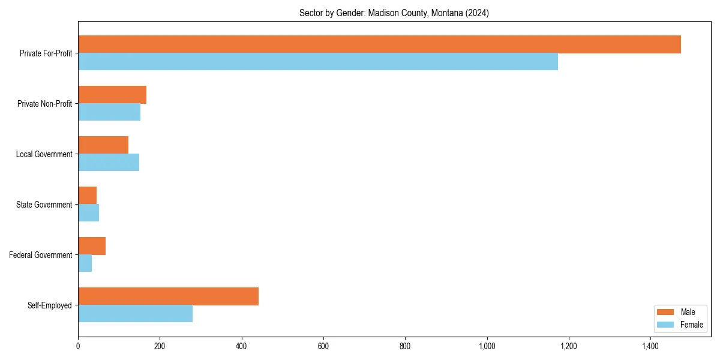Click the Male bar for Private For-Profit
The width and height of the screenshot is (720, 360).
coord(379,44)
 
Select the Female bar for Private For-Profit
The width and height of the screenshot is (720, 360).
coord(318,62)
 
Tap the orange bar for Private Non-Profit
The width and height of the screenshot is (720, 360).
coord(112,95)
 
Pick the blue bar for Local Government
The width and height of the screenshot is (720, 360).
coord(109,163)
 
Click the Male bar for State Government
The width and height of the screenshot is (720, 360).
coord(87,196)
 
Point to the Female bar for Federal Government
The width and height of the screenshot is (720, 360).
coord(85,263)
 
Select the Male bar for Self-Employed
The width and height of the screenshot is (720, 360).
coord(168,296)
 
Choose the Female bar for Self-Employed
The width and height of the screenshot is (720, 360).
coord(135,314)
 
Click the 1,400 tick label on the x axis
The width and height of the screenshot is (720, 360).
coord(650,346)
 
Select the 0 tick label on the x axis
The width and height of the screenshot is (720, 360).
coord(78,346)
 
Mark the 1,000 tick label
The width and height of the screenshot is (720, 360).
coord(487,346)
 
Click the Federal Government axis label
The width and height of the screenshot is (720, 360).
coord(41,255)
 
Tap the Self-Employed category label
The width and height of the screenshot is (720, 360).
coord(50,305)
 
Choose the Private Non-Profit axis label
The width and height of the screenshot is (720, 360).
coord(45,104)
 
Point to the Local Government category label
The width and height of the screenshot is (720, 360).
coord(44,154)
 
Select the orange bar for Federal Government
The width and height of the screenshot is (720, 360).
coord(92,246)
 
